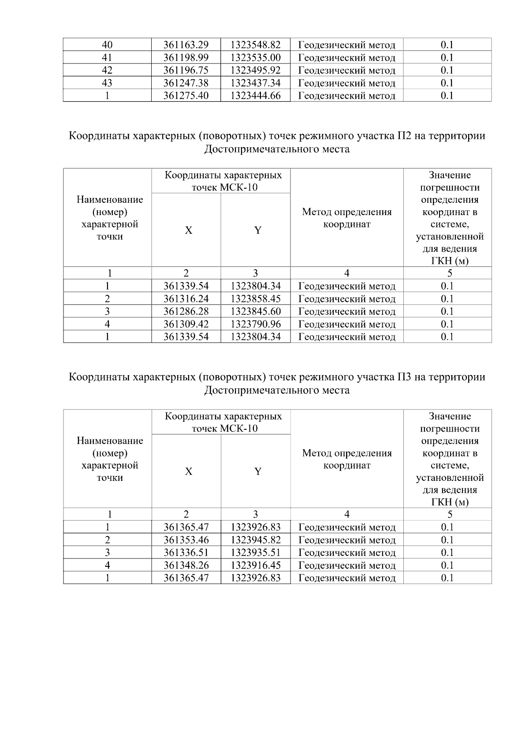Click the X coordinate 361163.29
click(186, 45)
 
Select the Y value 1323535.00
click(256, 57)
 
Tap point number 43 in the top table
click(107, 83)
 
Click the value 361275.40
click(186, 96)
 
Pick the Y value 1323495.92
click(256, 70)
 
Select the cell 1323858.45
click(256, 299)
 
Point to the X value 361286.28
click(186, 312)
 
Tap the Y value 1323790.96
click(256, 324)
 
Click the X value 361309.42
click(186, 324)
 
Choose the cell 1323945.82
click(256, 540)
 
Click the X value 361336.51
click(186, 553)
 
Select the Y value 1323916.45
click(256, 566)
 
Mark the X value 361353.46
click(186, 540)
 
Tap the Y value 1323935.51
click(256, 553)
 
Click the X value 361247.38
click(186, 83)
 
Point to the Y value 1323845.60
click(256, 312)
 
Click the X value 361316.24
click(186, 299)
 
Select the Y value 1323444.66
click(256, 96)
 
